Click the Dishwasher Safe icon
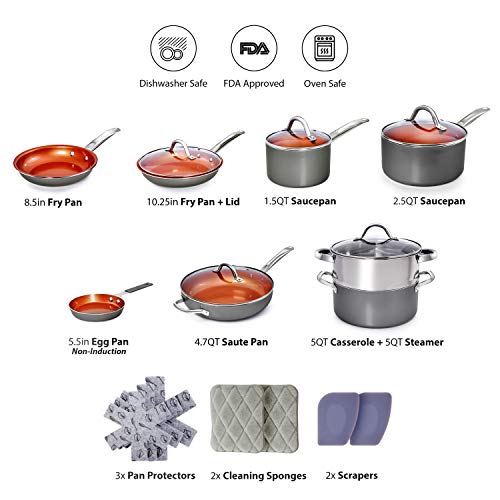pos(173,48)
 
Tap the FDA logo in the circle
pos(254,48)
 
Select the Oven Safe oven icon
pos(325,48)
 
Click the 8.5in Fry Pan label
pos(53,202)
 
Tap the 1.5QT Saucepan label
pos(300,201)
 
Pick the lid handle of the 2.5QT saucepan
pos(428,117)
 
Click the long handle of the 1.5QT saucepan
pos(348,128)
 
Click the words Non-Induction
pos(99,351)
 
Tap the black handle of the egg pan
pos(139,288)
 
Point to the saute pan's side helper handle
pos(190,308)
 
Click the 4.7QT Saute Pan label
pos(231,342)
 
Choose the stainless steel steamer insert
pos(375,267)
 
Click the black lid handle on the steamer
pos(376,232)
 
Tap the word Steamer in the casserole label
pos(424,342)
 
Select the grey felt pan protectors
pos(150,418)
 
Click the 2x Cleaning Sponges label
pos(258,476)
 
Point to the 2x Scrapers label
pos(352,475)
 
